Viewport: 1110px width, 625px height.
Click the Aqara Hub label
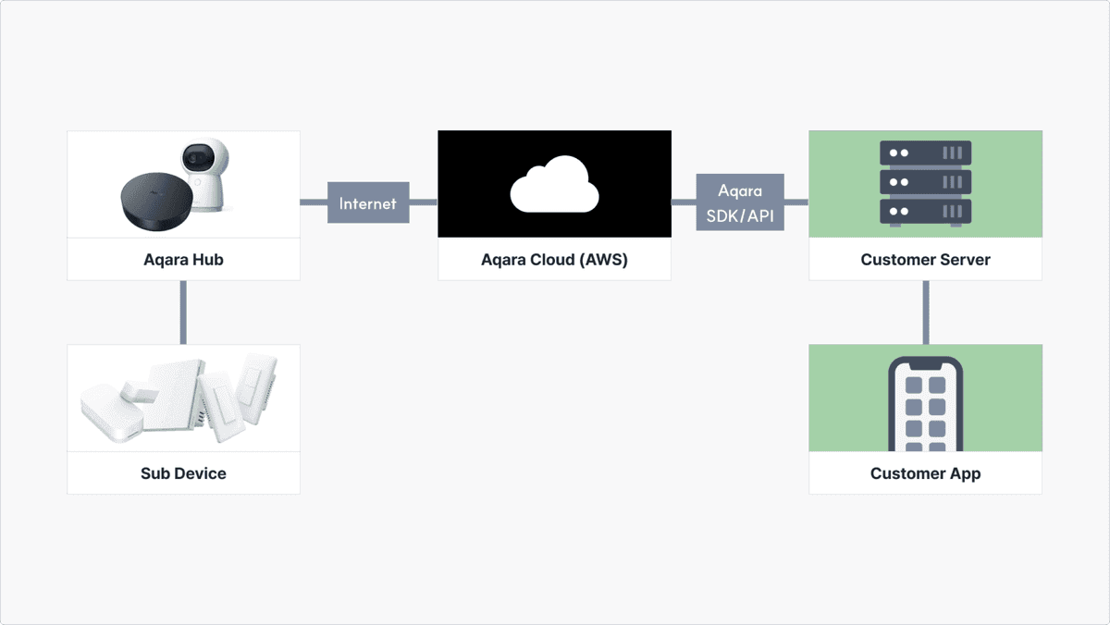(183, 260)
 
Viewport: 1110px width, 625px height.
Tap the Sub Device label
(183, 473)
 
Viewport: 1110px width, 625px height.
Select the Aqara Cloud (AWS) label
(554, 260)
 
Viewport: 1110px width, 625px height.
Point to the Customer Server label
(925, 260)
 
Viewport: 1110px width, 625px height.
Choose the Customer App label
(925, 473)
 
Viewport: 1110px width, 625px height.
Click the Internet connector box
(368, 202)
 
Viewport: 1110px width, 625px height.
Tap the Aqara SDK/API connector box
(740, 202)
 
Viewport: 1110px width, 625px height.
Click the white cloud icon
(554, 184)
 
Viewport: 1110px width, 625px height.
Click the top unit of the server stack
(925, 153)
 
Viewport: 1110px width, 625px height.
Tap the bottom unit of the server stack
(925, 212)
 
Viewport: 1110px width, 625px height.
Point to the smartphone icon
(925, 404)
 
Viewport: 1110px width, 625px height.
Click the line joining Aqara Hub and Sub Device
(183, 312)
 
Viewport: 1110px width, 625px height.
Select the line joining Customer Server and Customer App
(926, 312)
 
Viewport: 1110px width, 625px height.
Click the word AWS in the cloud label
(606, 260)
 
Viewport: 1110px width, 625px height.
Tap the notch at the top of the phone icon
(925, 365)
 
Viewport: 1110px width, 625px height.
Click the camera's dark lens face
(198, 156)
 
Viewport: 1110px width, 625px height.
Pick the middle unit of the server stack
(925, 182)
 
